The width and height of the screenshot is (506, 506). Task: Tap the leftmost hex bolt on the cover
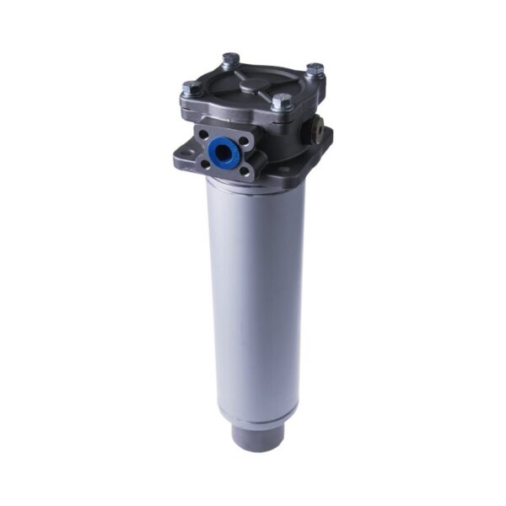point(192,86)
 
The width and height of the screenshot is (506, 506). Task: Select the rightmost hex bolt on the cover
point(314,69)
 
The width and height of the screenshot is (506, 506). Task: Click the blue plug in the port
point(224,152)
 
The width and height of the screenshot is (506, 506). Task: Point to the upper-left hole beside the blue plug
point(203,134)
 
